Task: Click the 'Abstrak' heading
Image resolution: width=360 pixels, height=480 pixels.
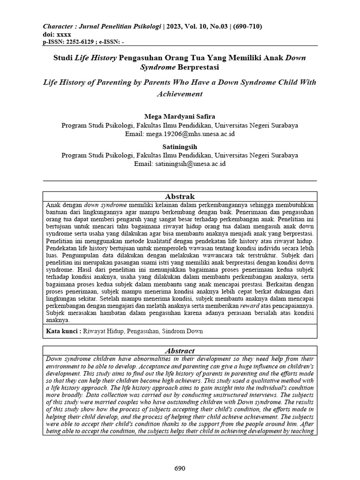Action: coord(180,196)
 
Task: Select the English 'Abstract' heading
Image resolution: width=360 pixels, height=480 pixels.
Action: coord(180,351)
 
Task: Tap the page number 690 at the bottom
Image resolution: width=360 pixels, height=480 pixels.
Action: coord(180,468)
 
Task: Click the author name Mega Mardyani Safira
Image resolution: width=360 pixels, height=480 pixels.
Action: coord(180,116)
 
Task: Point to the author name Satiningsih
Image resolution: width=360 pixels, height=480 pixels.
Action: coord(180,147)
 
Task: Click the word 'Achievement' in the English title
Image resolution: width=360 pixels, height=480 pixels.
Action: coord(180,94)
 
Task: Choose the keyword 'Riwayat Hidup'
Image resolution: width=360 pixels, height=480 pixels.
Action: coord(103,331)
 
